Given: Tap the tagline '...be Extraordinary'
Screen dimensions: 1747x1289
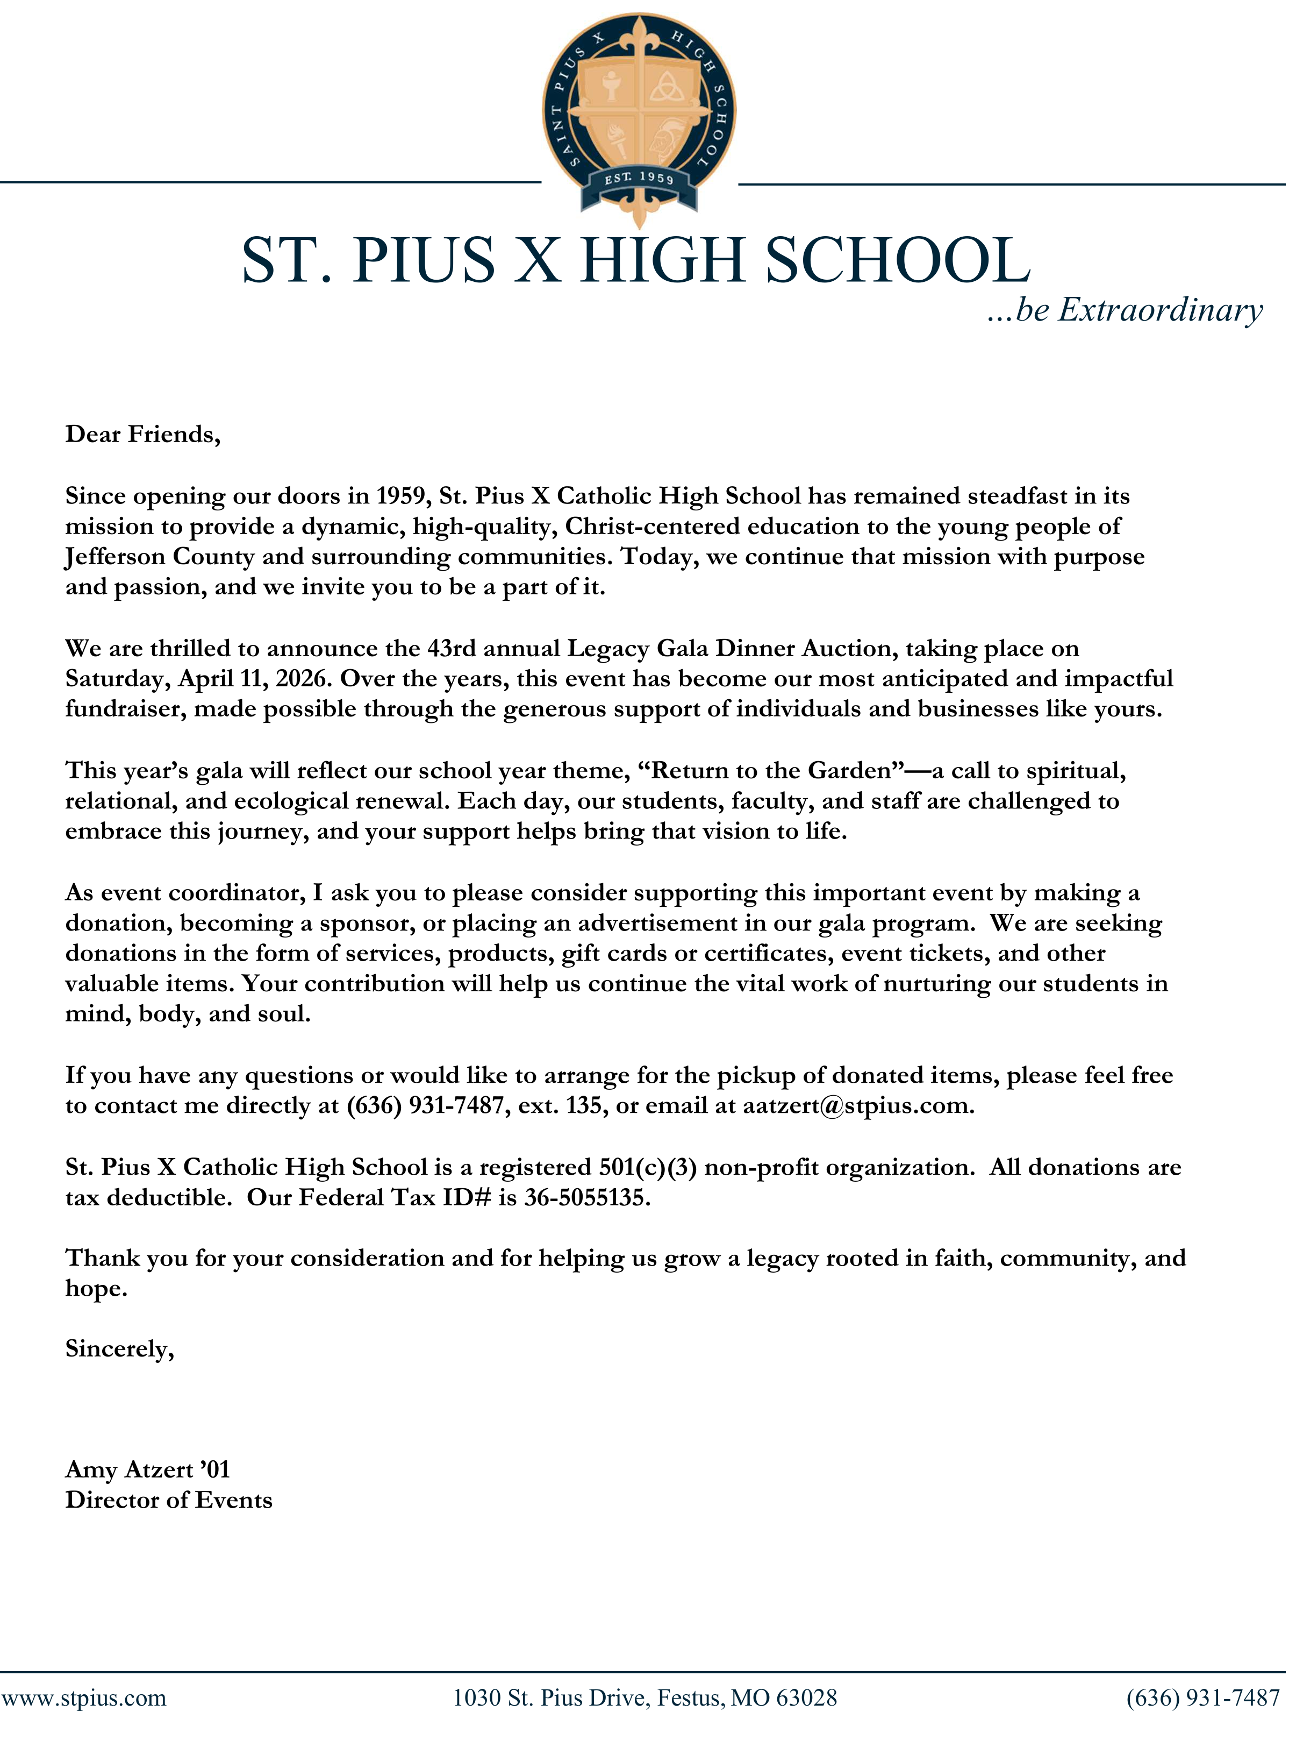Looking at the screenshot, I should [x=1126, y=310].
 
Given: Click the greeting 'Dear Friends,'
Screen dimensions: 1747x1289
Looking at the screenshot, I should [x=143, y=435].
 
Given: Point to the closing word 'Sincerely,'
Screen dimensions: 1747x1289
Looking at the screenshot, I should [x=119, y=1350].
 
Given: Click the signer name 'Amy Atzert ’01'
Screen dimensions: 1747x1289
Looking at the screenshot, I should [x=147, y=1471].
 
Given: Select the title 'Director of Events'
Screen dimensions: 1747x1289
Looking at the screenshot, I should [x=169, y=1501].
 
